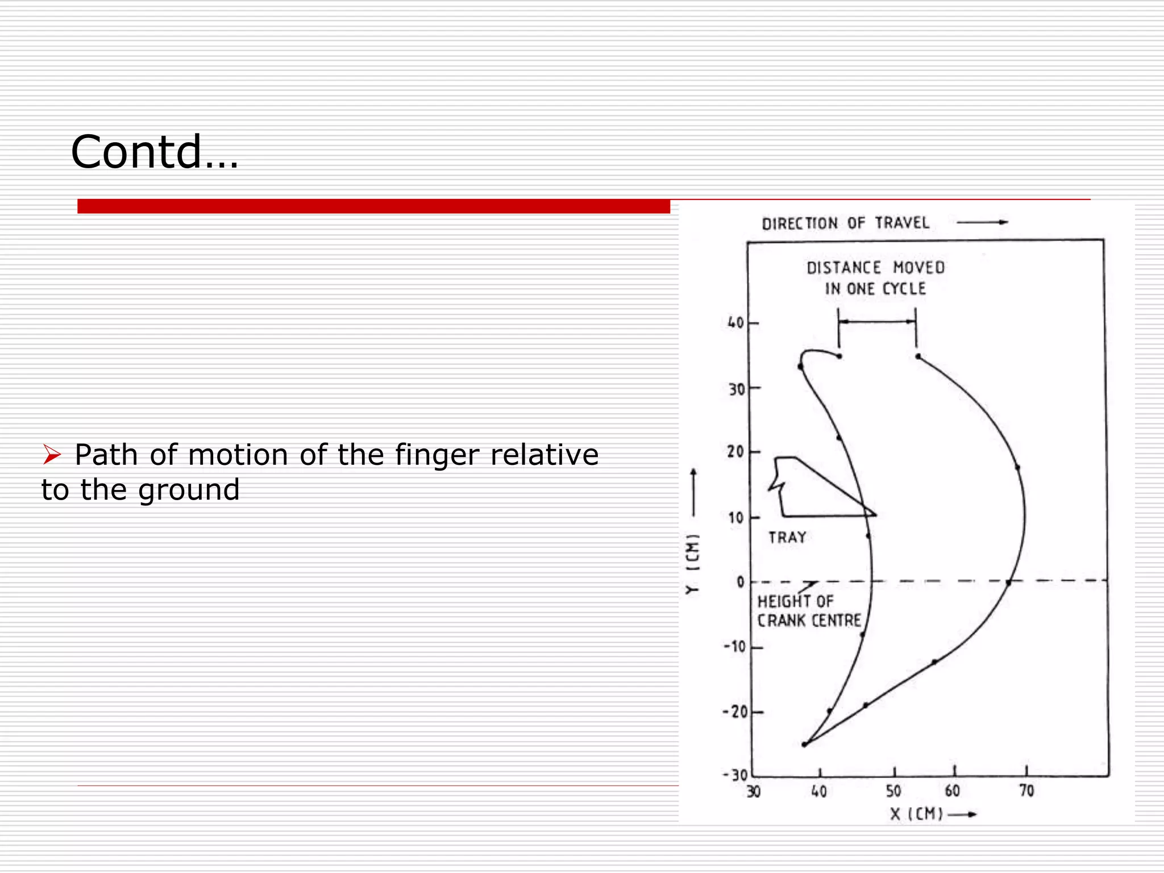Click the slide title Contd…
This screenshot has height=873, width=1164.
click(155, 152)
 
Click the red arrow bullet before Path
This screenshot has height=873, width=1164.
click(52, 455)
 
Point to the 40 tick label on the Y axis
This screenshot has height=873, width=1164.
click(735, 323)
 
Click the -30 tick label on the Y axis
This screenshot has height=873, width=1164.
click(735, 775)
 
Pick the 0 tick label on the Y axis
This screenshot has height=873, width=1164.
click(740, 582)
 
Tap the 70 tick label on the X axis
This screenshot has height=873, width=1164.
click(1026, 791)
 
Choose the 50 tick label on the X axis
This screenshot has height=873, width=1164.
click(893, 791)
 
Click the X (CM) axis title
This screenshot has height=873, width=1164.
click(916, 814)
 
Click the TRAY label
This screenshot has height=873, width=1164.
click(787, 537)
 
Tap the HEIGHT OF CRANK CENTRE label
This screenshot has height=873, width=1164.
click(809, 611)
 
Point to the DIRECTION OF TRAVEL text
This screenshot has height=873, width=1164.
click(845, 223)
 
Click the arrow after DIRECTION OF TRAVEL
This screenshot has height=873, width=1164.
click(982, 222)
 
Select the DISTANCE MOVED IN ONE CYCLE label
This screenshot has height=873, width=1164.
click(875, 278)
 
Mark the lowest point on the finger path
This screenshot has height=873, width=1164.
click(804, 745)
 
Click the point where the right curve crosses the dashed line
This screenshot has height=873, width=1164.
click(1008, 582)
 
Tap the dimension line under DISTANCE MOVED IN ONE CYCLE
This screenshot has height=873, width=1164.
click(877, 322)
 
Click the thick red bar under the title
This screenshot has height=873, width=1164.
click(373, 206)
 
